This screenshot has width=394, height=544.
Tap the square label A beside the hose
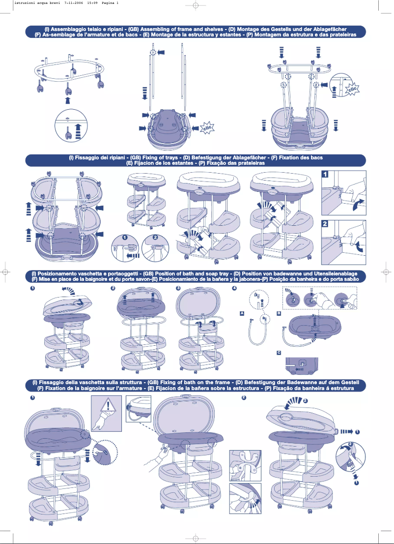click(242, 313)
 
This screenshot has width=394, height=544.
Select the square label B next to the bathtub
click(279, 313)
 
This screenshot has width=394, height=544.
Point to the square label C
click(279, 353)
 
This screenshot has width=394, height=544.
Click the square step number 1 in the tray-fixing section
click(325, 174)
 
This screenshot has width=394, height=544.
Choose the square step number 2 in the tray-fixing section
click(325, 223)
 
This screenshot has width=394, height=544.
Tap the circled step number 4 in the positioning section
click(234, 288)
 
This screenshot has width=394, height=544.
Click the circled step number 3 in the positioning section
click(178, 288)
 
